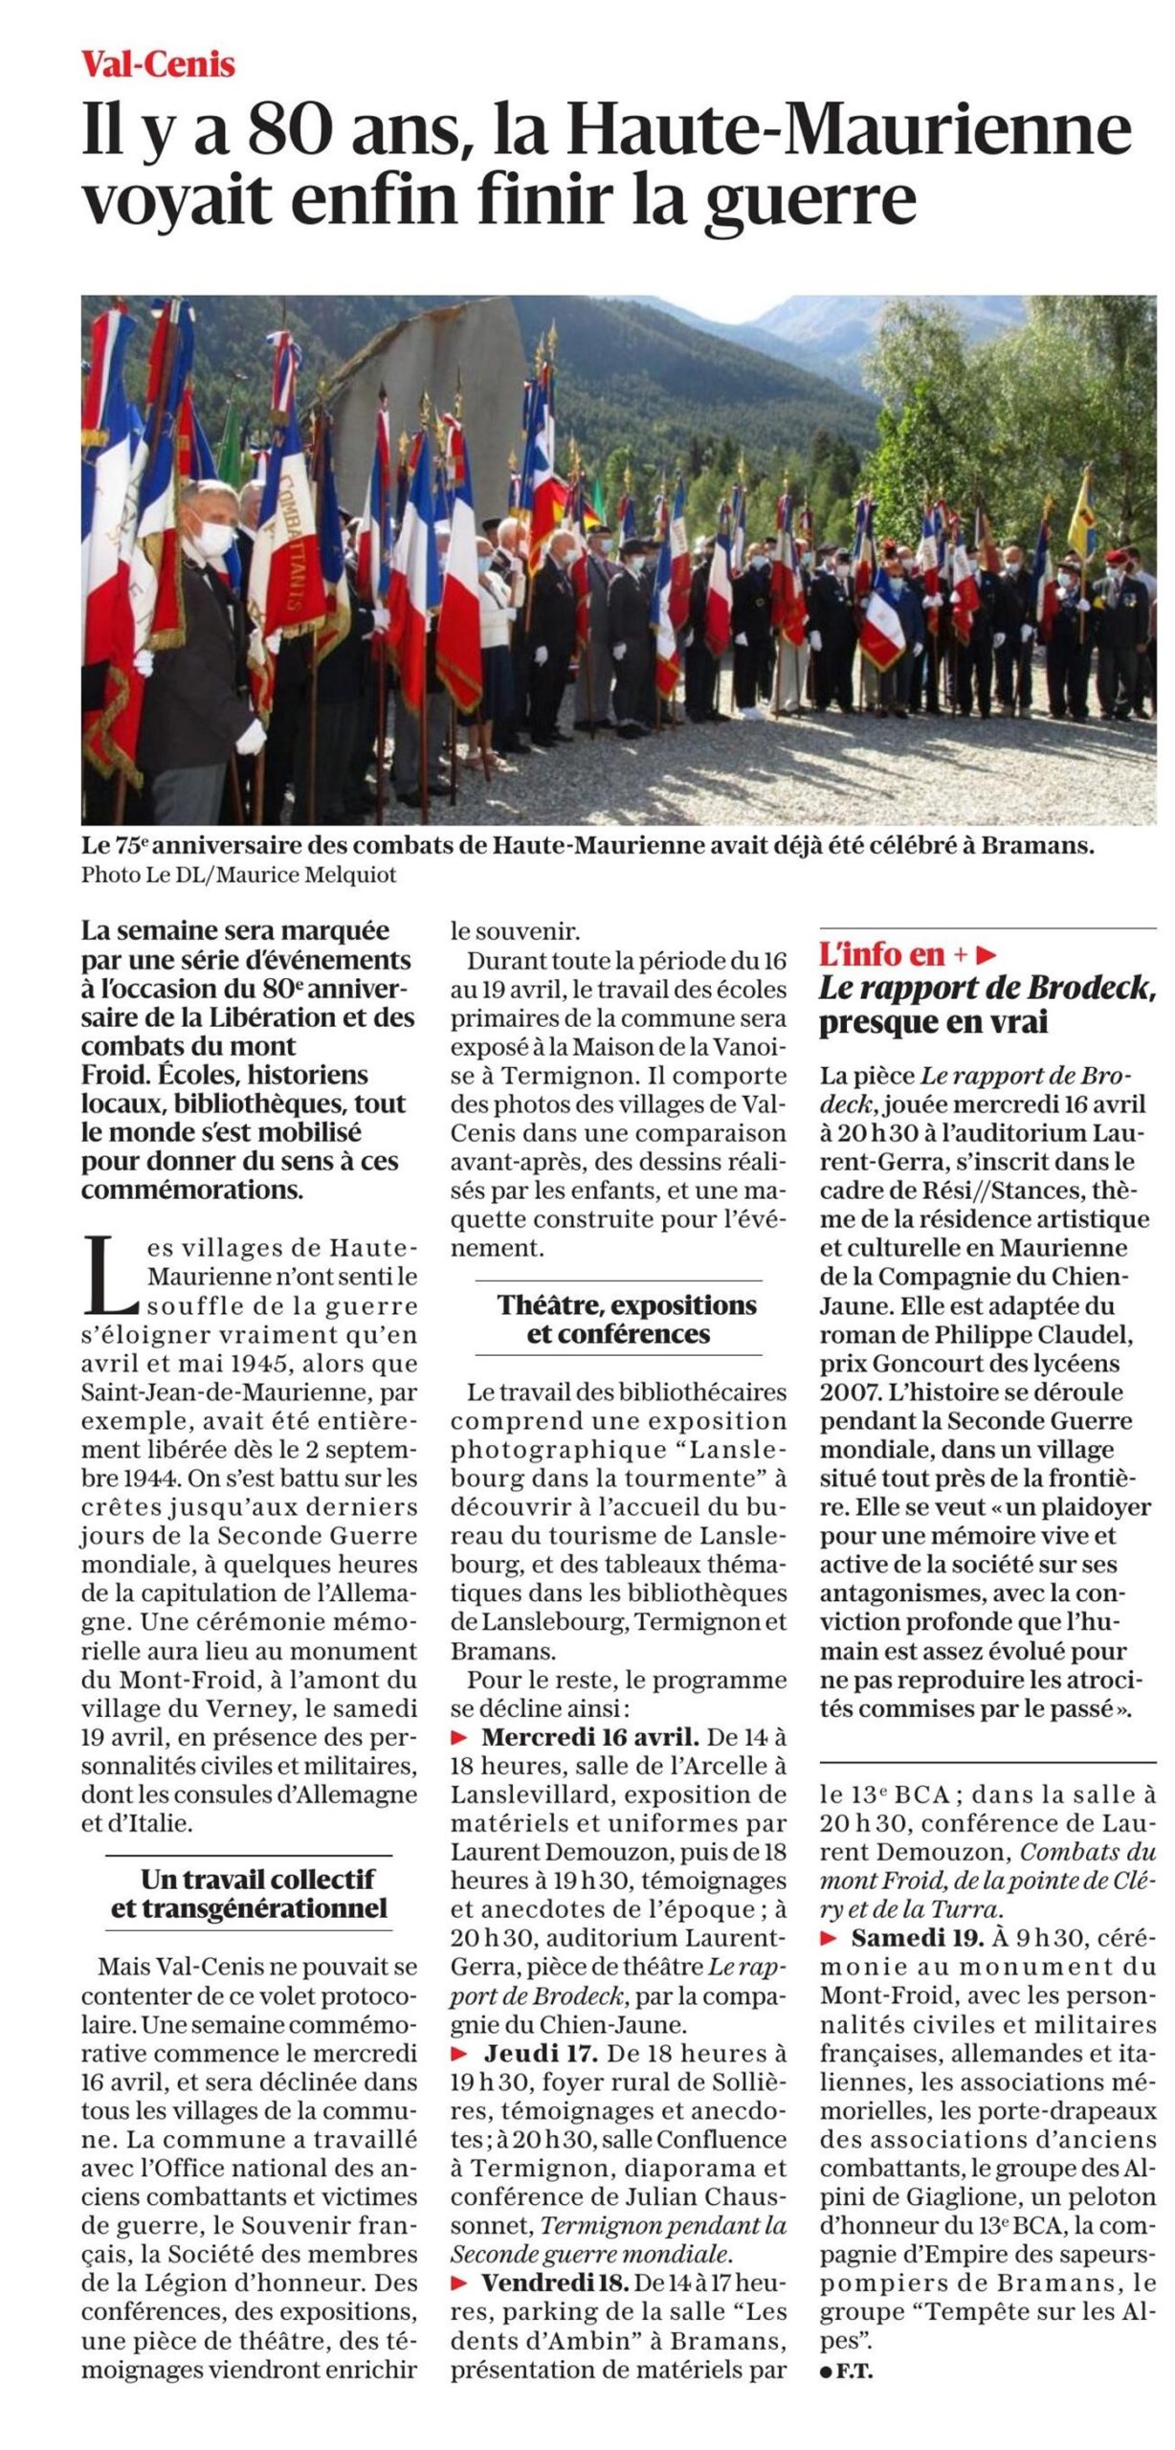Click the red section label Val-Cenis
click(158, 64)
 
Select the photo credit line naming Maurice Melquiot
click(238, 875)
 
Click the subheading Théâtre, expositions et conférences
click(619, 1319)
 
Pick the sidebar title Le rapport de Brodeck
click(986, 988)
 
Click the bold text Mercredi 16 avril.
click(590, 1737)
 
